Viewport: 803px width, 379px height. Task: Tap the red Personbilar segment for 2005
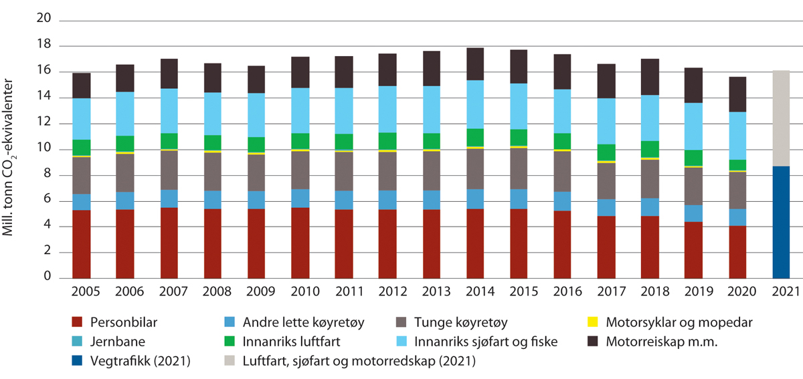click(x=82, y=244)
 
